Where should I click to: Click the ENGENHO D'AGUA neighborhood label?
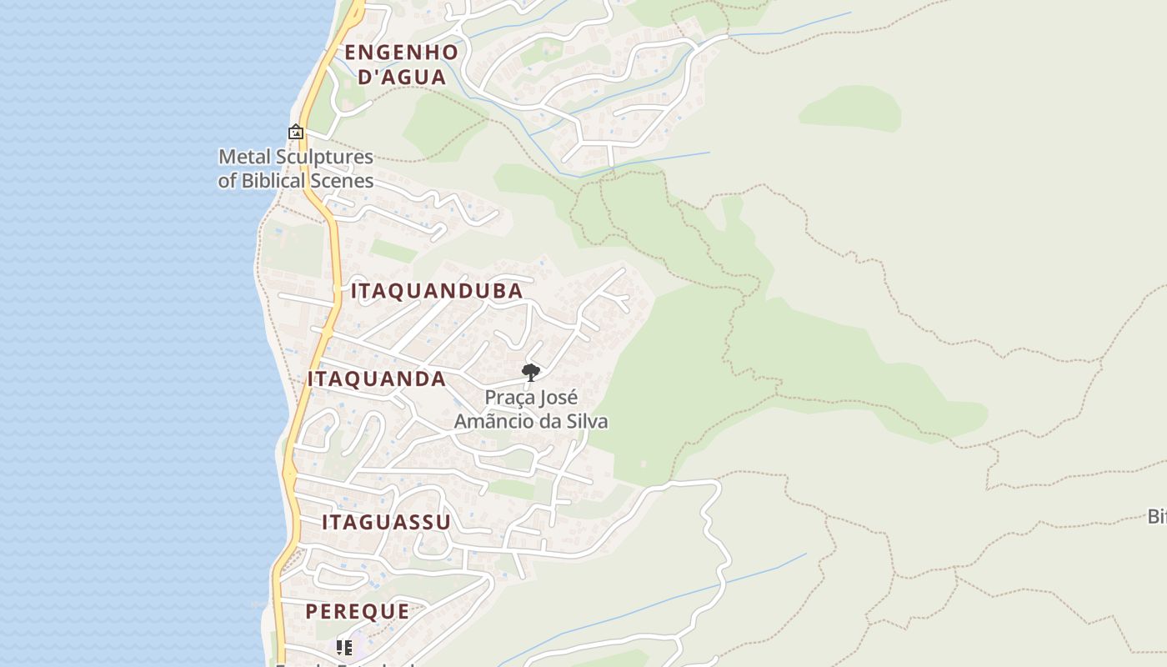click(x=401, y=64)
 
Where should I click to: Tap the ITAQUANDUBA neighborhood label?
click(x=437, y=291)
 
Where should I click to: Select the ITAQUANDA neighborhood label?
click(x=377, y=379)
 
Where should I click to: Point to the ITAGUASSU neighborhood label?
click(x=386, y=523)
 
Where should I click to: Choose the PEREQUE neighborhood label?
click(x=357, y=611)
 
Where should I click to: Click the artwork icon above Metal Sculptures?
click(x=296, y=132)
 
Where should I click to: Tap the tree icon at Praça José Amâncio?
click(x=530, y=372)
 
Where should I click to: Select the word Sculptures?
click(x=321, y=157)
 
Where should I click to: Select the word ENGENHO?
click(x=401, y=52)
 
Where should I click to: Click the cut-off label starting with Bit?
click(x=1157, y=516)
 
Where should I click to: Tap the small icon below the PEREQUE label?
click(x=344, y=647)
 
